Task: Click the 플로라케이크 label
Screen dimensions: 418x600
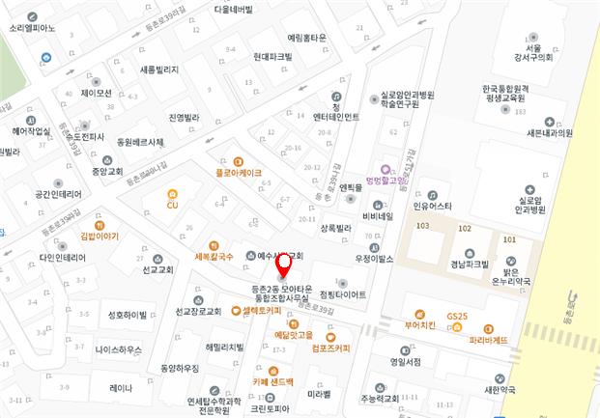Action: click(238, 173)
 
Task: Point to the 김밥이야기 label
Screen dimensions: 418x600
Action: click(100, 236)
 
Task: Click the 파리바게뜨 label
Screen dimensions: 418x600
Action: click(488, 339)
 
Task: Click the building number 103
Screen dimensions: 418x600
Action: click(421, 226)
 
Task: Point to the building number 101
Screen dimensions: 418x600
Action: click(509, 238)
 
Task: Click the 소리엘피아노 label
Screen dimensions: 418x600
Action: click(33, 28)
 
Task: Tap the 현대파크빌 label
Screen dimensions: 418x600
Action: click(272, 57)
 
